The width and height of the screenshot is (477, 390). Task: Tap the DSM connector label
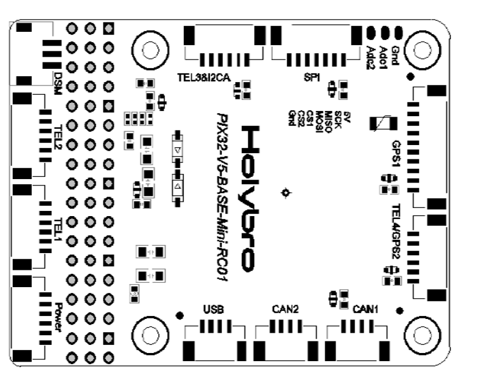pos(57,80)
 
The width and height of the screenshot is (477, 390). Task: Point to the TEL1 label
pos(57,226)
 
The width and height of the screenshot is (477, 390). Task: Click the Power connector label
pos(57,315)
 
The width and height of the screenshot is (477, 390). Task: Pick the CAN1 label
pos(365,309)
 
